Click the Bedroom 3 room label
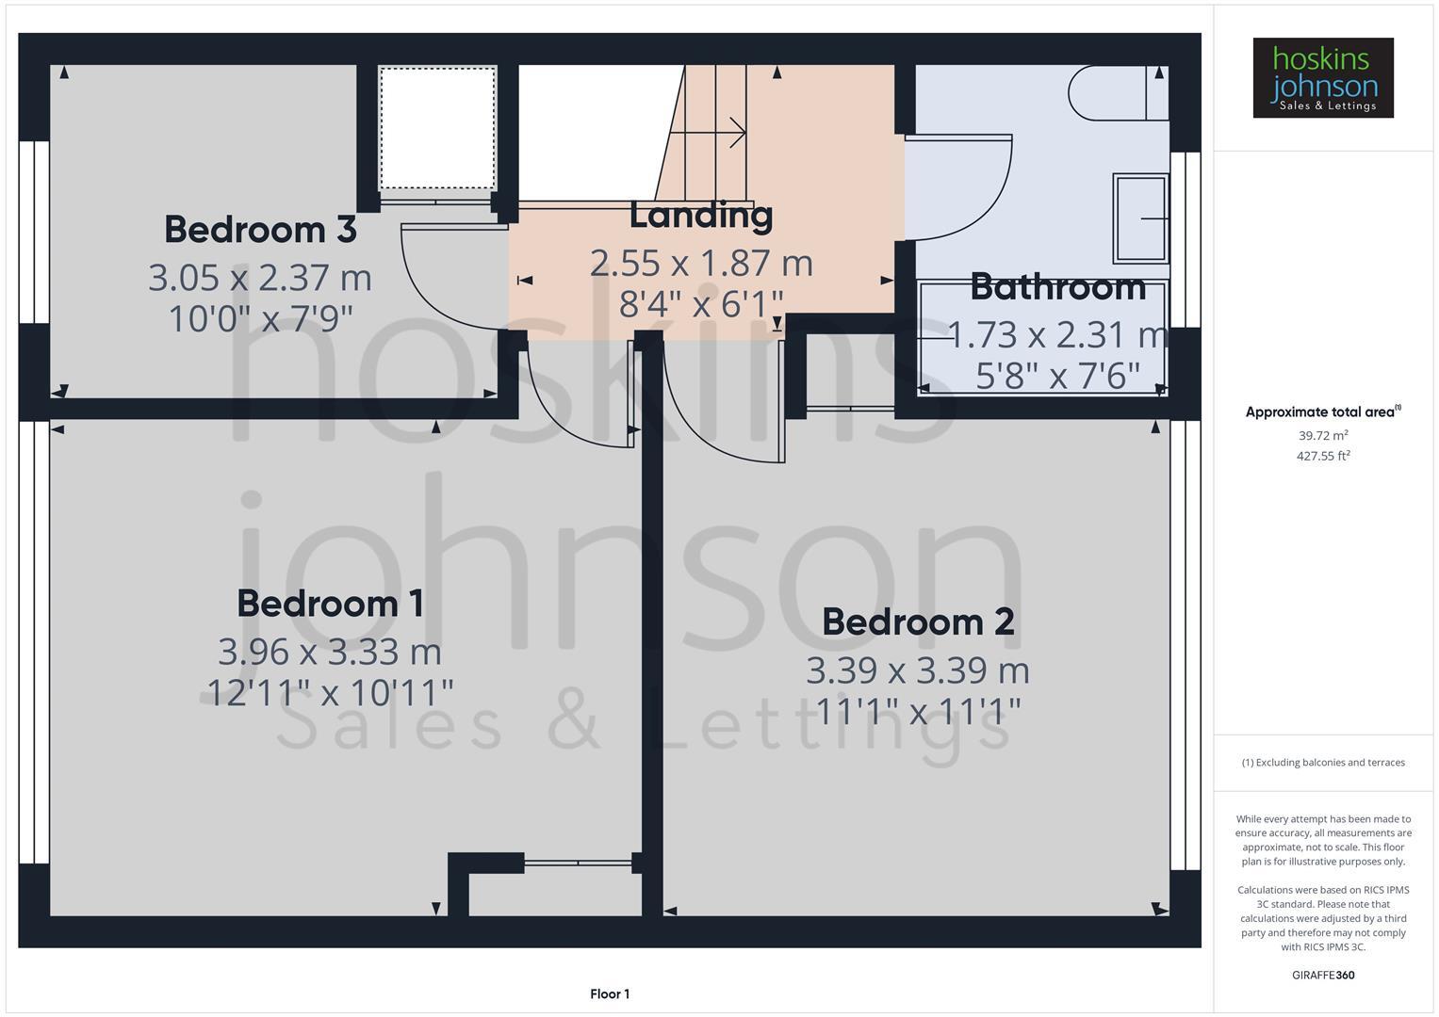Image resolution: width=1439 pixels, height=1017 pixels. click(260, 230)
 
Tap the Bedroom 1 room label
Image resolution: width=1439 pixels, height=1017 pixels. click(330, 604)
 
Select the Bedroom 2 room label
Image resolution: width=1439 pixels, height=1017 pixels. click(918, 622)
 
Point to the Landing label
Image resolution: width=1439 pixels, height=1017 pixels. click(701, 216)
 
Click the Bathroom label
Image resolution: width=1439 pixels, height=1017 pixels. click(1057, 287)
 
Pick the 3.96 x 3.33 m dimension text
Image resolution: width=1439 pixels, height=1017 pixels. click(330, 652)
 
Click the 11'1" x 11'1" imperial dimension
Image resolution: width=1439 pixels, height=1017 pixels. click(918, 712)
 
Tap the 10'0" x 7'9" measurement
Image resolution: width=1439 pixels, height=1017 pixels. click(260, 319)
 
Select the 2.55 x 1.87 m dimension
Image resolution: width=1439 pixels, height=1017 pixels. click(701, 264)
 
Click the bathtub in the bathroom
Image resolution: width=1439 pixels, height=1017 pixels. click(1043, 339)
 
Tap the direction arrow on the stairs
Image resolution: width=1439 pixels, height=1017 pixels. click(722, 133)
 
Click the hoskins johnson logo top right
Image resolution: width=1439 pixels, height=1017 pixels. click(1322, 78)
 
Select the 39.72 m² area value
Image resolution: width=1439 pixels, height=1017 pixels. click(1322, 436)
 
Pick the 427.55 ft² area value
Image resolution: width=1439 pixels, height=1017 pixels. click(1322, 457)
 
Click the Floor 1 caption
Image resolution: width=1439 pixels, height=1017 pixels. click(610, 994)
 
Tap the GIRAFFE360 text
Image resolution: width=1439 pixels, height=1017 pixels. click(1322, 976)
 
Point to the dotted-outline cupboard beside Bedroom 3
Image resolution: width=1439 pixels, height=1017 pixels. click(437, 128)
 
